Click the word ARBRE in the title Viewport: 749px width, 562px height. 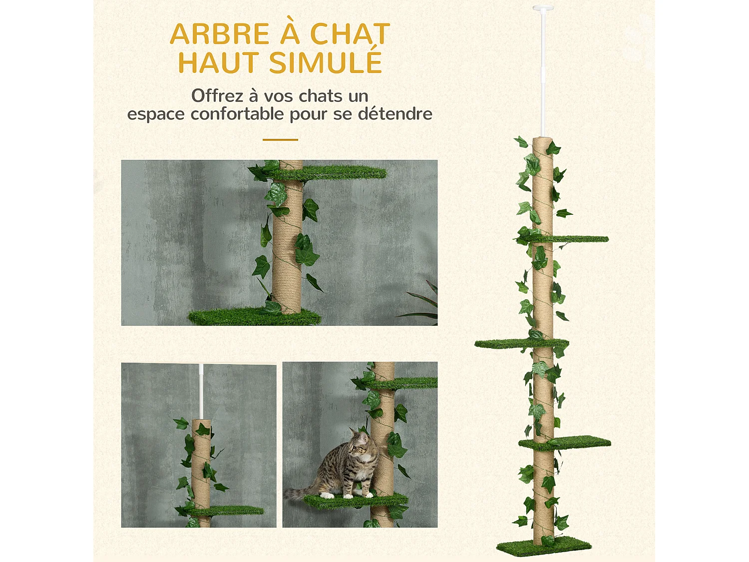[x=220, y=34]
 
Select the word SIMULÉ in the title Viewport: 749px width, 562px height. [x=325, y=63]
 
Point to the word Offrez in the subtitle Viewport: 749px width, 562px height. [x=217, y=95]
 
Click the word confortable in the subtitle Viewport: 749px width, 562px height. [x=237, y=114]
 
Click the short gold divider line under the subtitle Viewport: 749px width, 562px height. [x=280, y=140]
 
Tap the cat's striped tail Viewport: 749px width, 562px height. [x=300, y=493]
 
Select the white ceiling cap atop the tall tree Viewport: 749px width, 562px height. [x=543, y=8]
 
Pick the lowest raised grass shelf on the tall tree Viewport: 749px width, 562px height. [x=569, y=443]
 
